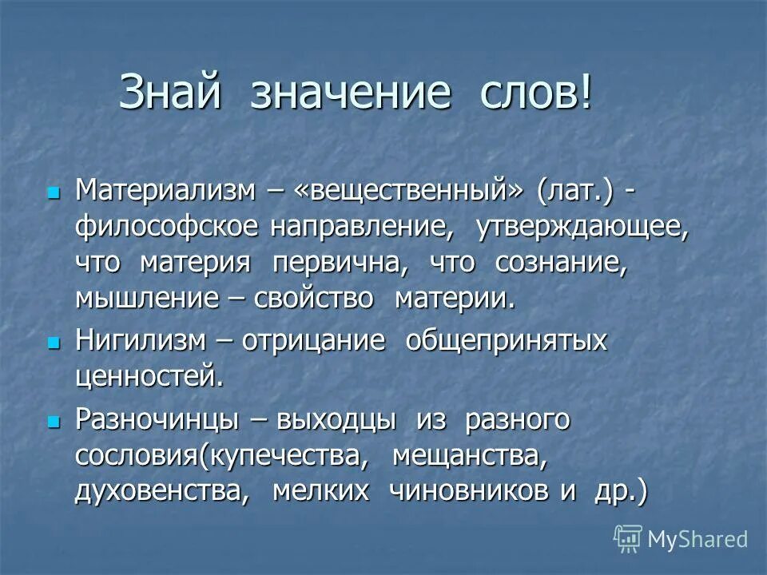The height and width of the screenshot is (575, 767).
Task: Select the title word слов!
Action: pyautogui.click(x=536, y=93)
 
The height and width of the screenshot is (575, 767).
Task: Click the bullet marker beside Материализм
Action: pyautogui.click(x=54, y=192)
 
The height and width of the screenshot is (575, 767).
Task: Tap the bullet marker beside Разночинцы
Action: pyautogui.click(x=54, y=420)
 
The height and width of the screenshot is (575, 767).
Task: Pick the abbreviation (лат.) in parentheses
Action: pyautogui.click(x=576, y=191)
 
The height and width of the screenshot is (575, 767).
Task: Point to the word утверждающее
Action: pyautogui.click(x=582, y=227)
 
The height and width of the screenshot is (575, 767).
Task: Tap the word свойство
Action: pyautogui.click(x=314, y=299)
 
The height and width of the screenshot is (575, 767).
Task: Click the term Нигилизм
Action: pyautogui.click(x=140, y=341)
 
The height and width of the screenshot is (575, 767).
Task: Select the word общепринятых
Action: pyautogui.click(x=507, y=341)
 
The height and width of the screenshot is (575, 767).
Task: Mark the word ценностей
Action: pyautogui.click(x=149, y=376)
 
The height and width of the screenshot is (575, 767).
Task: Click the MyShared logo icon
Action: pyautogui.click(x=628, y=538)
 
